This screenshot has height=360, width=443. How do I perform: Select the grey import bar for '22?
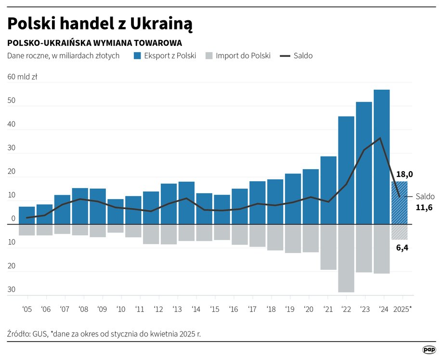coord(346,258)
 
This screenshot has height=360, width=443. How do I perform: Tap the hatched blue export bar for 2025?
coord(399,202)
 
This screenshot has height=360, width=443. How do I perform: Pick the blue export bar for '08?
coord(80,206)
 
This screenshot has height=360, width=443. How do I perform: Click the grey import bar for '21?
coord(328,247)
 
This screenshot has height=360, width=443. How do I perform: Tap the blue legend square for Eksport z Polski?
coord(137,55)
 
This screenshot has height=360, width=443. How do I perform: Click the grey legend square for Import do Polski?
coord(208,55)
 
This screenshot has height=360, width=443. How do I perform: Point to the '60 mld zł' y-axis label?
coord(22,77)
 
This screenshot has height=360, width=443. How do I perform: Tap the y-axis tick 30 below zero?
coord(11,290)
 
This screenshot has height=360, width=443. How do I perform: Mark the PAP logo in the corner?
coord(429,350)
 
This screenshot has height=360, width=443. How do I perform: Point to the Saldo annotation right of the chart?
coord(425,196)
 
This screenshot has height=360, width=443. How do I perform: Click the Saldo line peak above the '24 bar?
coord(380,138)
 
